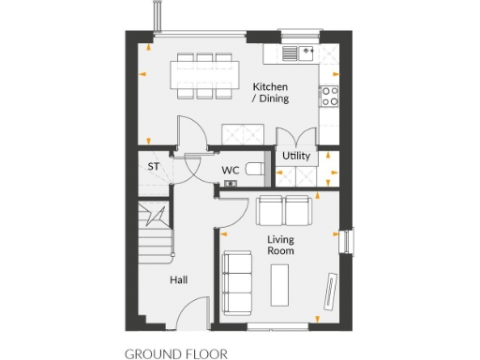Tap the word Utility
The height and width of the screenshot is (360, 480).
click(295, 156)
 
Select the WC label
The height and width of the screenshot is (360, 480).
click(232, 170)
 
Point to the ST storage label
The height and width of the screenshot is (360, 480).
click(153, 167)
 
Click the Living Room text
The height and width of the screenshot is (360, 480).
click(281, 246)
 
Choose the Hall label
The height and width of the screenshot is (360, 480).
click(180, 280)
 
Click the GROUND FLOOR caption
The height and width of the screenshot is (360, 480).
click(176, 354)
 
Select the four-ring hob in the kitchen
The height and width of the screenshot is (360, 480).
click(329, 95)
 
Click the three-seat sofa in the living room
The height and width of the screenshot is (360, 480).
click(237, 282)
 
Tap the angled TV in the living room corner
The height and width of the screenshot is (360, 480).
click(330, 290)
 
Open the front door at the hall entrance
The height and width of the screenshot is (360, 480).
click(196, 310)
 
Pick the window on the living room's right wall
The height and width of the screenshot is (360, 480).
click(349, 241)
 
